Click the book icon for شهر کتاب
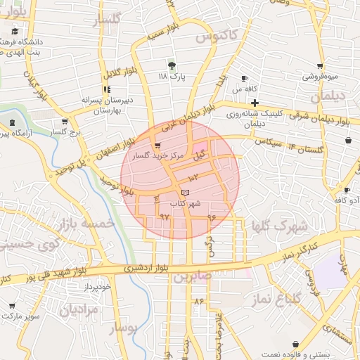185,192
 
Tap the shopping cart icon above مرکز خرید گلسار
166,146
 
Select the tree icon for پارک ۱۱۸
172,65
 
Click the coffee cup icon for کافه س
244,78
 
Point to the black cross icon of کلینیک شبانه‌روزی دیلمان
255,103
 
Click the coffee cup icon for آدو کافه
347,190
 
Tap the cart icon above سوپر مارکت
12,306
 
